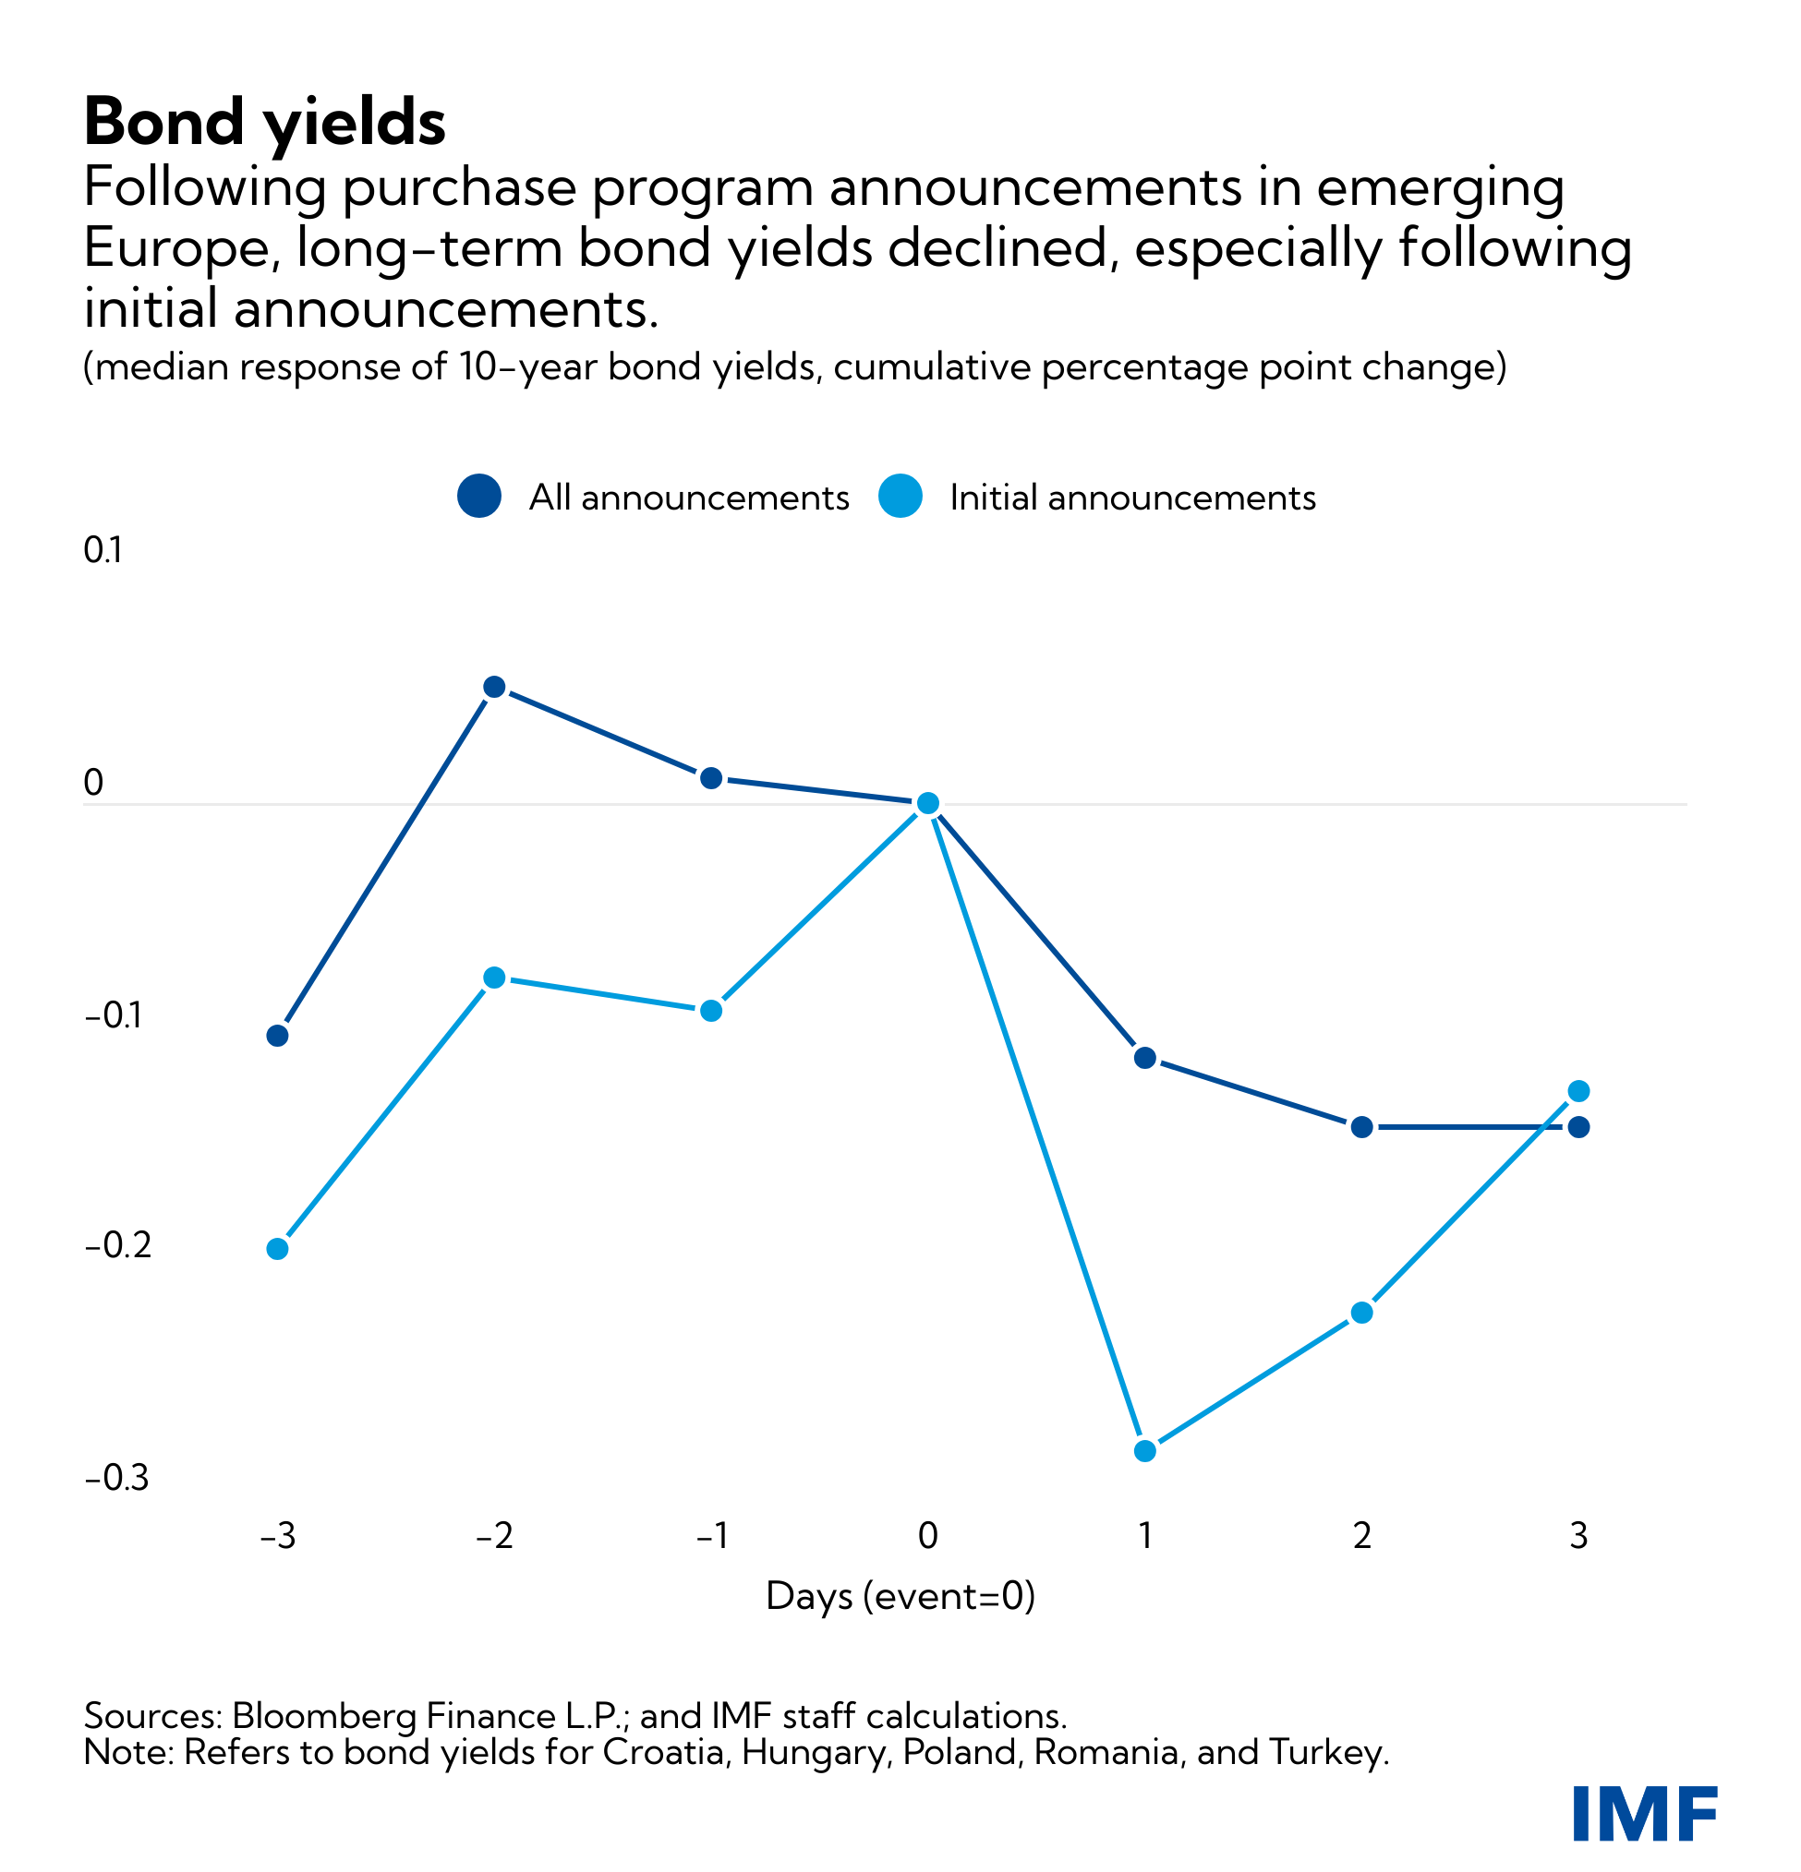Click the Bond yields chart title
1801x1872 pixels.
tap(265, 122)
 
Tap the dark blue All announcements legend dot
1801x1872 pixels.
tap(479, 496)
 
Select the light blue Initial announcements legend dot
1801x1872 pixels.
tap(900, 496)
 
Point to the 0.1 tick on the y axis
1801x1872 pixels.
tap(103, 551)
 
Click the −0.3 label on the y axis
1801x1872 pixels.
tap(117, 1479)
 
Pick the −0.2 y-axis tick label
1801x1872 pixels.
tap(117, 1246)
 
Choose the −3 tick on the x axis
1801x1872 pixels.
tap(277, 1536)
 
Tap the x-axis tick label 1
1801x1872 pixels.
tap(1144, 1536)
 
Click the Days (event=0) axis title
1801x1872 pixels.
tap(900, 1596)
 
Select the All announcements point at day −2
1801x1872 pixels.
tap(494, 687)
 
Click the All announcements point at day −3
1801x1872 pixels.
tap(277, 1036)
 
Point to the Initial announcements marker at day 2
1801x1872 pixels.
tap(1361, 1313)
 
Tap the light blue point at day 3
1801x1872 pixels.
tap(1579, 1091)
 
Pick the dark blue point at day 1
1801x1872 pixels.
tap(1144, 1057)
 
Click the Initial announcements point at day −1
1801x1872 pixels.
tap(711, 1011)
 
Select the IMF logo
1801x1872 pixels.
tap(1644, 1813)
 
